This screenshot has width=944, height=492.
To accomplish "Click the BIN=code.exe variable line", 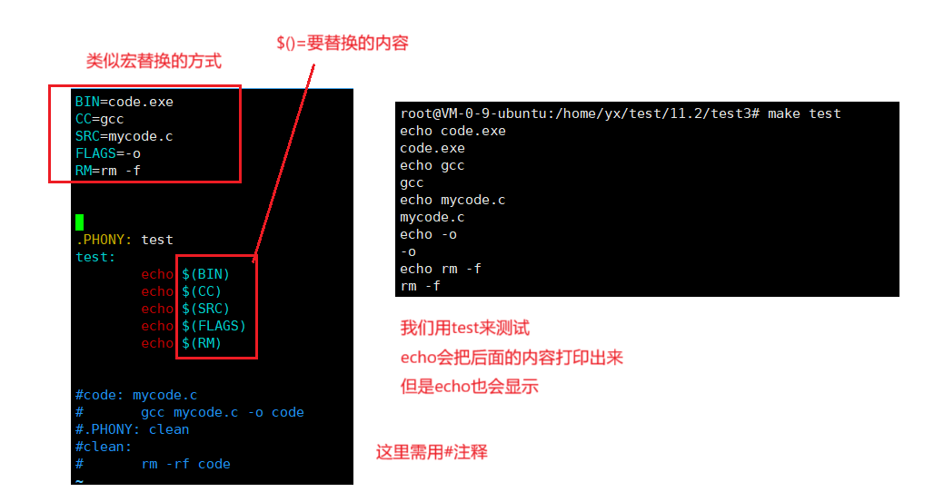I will [124, 102].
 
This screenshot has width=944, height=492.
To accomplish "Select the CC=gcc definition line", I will [99, 119].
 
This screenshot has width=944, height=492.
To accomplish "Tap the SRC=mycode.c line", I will [124, 136].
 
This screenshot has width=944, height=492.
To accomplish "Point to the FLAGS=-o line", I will [107, 153].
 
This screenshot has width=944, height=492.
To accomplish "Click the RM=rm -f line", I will [107, 171].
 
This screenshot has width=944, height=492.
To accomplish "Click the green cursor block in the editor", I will [79, 222].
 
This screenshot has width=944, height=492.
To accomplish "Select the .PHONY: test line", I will [124, 240].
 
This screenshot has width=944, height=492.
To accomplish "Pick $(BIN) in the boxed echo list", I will [206, 274].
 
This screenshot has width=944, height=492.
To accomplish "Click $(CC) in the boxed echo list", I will [202, 291].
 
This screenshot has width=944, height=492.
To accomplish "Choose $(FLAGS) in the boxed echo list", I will [214, 326].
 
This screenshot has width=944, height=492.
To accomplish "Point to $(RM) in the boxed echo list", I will [202, 343].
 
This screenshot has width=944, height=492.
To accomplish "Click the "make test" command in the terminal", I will [804, 113].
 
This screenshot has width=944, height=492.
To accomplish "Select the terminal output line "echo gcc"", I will [432, 165].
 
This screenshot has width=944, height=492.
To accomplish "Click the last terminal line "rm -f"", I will [420, 286].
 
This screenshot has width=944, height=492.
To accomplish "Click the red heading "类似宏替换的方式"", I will [154, 62].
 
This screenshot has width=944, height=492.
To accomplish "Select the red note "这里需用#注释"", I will [432, 452].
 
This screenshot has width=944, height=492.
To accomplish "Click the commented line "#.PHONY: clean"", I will [132, 429].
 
